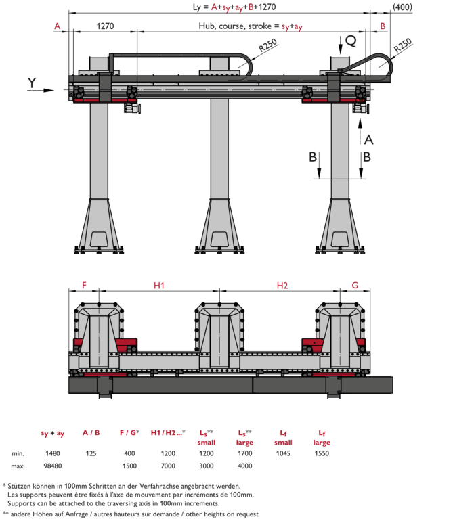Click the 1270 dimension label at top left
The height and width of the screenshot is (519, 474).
tap(105, 26)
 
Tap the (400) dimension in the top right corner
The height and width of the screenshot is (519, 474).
tap(402, 7)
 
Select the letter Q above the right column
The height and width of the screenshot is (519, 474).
tap(351, 41)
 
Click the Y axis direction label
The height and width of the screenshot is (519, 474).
tap(32, 83)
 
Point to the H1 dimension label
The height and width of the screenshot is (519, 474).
tap(159, 286)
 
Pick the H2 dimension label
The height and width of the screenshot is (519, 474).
tap(282, 286)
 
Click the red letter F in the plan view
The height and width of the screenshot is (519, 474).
tap(84, 286)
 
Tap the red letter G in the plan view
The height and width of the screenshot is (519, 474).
tap(355, 286)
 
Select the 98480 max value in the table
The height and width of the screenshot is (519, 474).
tap(53, 466)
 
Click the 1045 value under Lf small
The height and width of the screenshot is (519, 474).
tap(283, 453)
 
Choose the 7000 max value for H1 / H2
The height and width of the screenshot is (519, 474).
tap(168, 466)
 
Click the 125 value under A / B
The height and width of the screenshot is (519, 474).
tap(91, 453)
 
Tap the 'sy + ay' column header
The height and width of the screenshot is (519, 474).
tap(53, 433)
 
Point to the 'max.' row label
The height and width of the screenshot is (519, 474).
tap(18, 466)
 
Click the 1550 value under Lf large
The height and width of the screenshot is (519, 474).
tap(322, 453)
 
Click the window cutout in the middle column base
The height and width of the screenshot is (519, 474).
tap(219, 239)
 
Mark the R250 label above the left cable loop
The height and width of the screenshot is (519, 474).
tap(267, 45)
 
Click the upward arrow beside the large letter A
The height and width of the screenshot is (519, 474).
tap(360, 131)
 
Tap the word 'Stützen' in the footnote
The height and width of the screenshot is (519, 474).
tap(19, 486)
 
